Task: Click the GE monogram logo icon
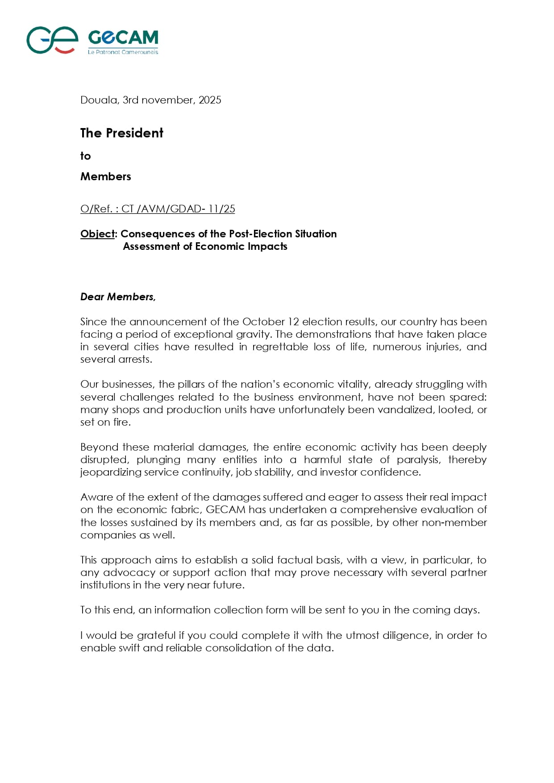pos(52,40)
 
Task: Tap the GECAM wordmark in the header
pos(123,38)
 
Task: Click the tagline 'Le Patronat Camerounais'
pos(123,52)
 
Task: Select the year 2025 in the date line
pos(210,100)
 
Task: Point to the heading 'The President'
pos(121,133)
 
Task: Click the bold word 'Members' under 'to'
pos(105,176)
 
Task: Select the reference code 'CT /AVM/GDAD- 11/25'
pos(178,209)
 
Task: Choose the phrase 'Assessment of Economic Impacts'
pos(205,246)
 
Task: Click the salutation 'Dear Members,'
pos(118,297)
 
